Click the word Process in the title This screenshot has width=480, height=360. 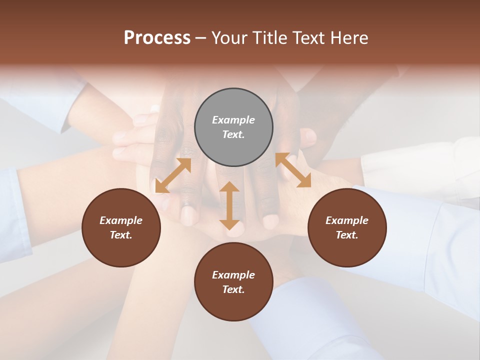click(x=157, y=38)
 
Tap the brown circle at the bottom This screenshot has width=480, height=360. click(x=233, y=305)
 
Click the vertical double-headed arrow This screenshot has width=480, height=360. click(x=229, y=205)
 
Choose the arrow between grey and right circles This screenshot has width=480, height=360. click(x=293, y=170)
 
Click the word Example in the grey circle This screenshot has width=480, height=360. click(x=233, y=120)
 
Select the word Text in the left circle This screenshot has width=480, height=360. click(x=121, y=235)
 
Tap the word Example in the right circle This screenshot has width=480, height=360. click(x=347, y=220)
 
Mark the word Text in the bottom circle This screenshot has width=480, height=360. click(x=233, y=289)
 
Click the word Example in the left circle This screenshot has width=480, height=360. click(x=121, y=220)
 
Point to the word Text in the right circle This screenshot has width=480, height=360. click(x=347, y=235)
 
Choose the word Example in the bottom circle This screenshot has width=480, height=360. click(x=233, y=275)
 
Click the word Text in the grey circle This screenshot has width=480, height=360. click(x=233, y=134)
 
